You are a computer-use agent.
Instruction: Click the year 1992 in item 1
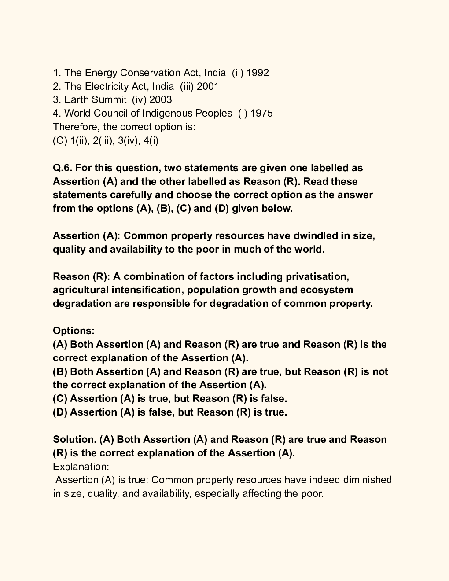pyautogui.click(x=258, y=73)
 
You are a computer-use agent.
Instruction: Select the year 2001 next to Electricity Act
pyautogui.click(x=208, y=86)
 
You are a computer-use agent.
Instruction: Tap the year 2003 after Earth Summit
pyautogui.click(x=161, y=100)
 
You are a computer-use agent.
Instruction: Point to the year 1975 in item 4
pyautogui.click(x=261, y=114)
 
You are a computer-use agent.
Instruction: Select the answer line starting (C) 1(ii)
pyautogui.click(x=106, y=141)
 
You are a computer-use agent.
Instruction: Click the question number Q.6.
pyautogui.click(x=63, y=168)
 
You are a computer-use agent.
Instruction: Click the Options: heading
pyautogui.click(x=74, y=331)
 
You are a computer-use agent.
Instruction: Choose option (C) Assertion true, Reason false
pyautogui.click(x=169, y=399)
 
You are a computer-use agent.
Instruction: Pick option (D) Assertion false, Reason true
pyautogui.click(x=169, y=412)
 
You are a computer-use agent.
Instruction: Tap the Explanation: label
pyautogui.click(x=81, y=467)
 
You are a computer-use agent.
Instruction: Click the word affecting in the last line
pyautogui.click(x=261, y=494)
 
